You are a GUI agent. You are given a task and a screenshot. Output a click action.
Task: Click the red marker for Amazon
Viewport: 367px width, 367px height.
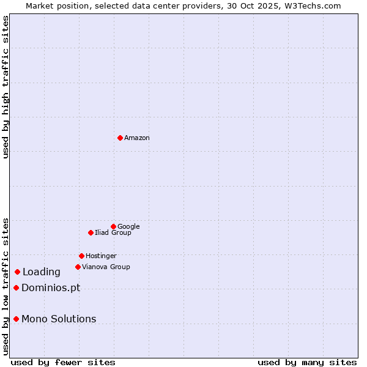click(120, 138)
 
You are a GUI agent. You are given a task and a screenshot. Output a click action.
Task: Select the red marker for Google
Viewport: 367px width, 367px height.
click(113, 226)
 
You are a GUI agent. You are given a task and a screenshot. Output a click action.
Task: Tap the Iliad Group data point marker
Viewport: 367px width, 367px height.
click(91, 232)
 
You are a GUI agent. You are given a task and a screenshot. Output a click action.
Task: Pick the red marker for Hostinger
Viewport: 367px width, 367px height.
click(81, 256)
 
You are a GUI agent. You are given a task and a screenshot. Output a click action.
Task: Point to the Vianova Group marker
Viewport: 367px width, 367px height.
click(78, 267)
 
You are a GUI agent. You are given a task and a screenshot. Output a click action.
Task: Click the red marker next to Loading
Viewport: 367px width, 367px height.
click(17, 272)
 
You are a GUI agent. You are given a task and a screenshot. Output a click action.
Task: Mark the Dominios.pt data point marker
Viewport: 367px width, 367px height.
click(16, 287)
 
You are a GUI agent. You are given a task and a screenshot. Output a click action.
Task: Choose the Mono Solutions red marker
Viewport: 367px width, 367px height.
click(16, 319)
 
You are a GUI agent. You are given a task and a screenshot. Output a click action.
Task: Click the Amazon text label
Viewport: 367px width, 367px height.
click(137, 138)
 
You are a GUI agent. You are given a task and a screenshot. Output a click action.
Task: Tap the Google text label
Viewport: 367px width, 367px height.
click(128, 226)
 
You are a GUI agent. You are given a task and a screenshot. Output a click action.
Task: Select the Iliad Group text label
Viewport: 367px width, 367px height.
click(113, 232)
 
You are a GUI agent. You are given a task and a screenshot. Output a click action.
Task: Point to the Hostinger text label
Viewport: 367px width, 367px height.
click(101, 256)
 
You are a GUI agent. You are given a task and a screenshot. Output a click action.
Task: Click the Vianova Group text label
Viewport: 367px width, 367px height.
click(106, 267)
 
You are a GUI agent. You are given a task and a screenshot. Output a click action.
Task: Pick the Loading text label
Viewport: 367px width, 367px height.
click(42, 272)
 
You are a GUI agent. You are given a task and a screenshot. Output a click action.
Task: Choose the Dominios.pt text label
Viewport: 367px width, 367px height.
click(51, 288)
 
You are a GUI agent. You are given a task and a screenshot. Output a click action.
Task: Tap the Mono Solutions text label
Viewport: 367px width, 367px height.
click(59, 319)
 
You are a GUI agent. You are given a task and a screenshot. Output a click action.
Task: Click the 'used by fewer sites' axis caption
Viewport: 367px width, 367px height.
click(63, 362)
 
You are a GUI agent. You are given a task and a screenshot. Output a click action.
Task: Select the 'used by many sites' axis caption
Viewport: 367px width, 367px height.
click(307, 362)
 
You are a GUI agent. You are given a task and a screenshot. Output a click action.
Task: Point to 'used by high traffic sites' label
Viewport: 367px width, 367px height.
click(6, 87)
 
